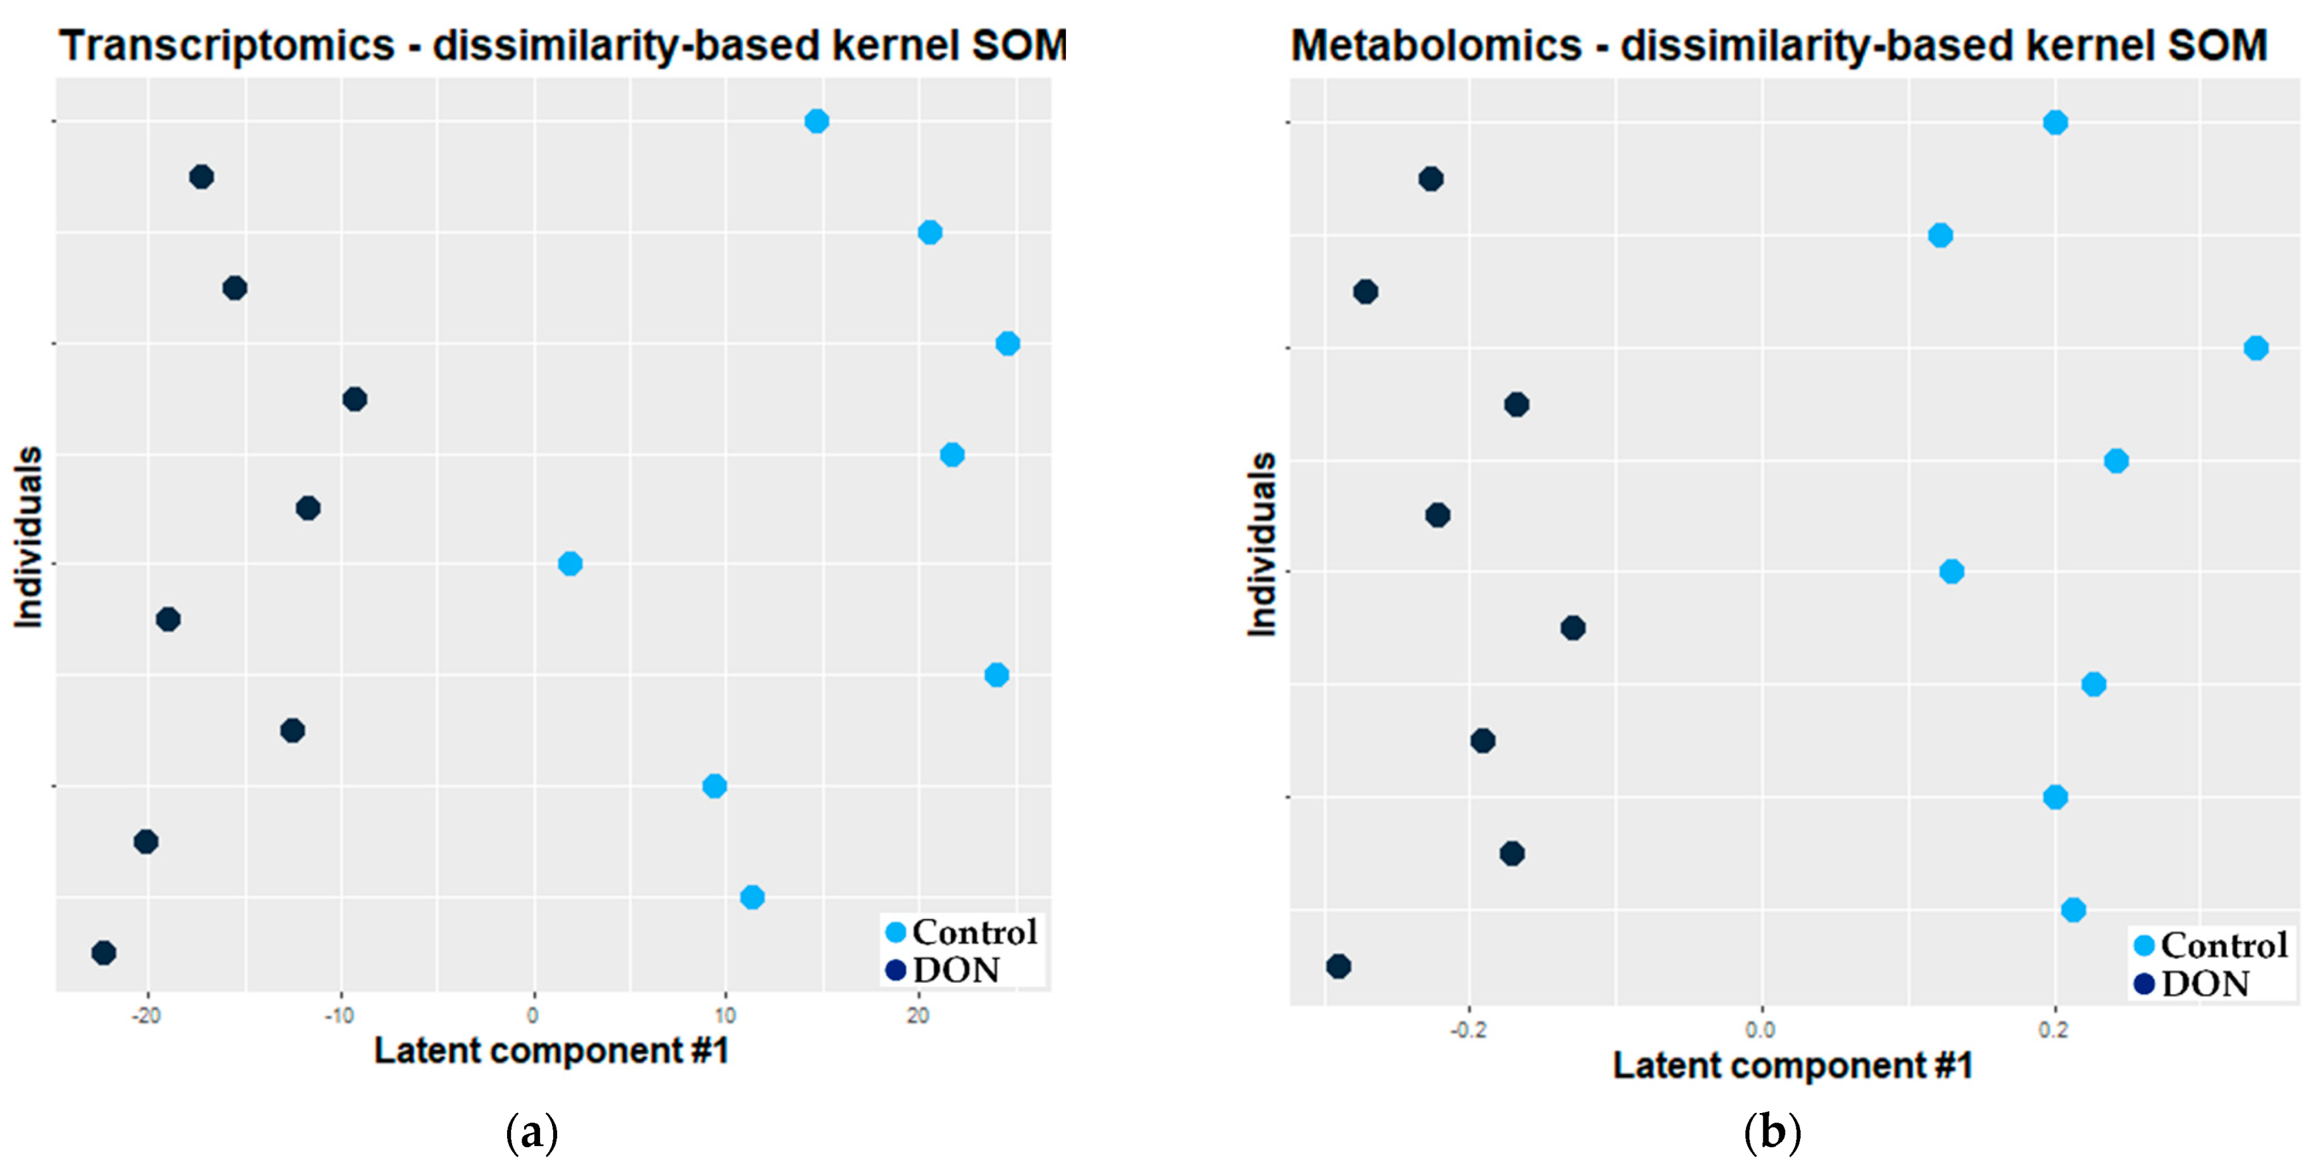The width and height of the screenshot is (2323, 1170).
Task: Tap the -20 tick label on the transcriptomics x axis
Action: [x=146, y=1016]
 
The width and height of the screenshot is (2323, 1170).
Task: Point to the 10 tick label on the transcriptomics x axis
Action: [x=725, y=1016]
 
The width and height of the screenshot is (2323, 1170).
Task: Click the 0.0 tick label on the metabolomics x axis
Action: [x=1760, y=1029]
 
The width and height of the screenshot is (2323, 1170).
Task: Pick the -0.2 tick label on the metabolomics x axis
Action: [x=1468, y=1029]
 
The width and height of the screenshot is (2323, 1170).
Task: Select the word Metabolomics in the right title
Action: [x=1437, y=45]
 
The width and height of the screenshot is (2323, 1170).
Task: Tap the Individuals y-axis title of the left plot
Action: [x=29, y=537]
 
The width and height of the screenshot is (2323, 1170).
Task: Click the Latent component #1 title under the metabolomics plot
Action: [x=1793, y=1066]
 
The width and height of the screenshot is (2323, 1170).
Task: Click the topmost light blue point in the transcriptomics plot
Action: [x=816, y=121]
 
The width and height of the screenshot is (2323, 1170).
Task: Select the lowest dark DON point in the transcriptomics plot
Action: [x=104, y=952]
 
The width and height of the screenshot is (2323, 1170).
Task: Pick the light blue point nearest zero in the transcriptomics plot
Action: [x=570, y=563]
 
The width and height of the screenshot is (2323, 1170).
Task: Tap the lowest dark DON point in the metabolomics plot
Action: [x=1339, y=966]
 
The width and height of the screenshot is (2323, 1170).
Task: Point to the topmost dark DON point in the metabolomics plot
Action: [x=1430, y=178]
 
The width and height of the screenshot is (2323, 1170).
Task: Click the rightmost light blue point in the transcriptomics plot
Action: [x=1007, y=343]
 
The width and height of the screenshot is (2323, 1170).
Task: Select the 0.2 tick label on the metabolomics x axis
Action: [x=2054, y=1029]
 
